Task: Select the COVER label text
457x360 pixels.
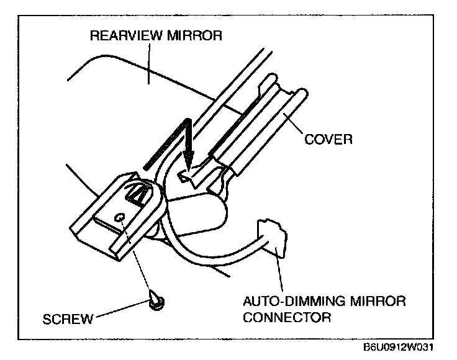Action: (328, 138)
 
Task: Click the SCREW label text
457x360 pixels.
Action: (68, 320)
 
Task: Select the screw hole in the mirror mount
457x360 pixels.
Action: (122, 218)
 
